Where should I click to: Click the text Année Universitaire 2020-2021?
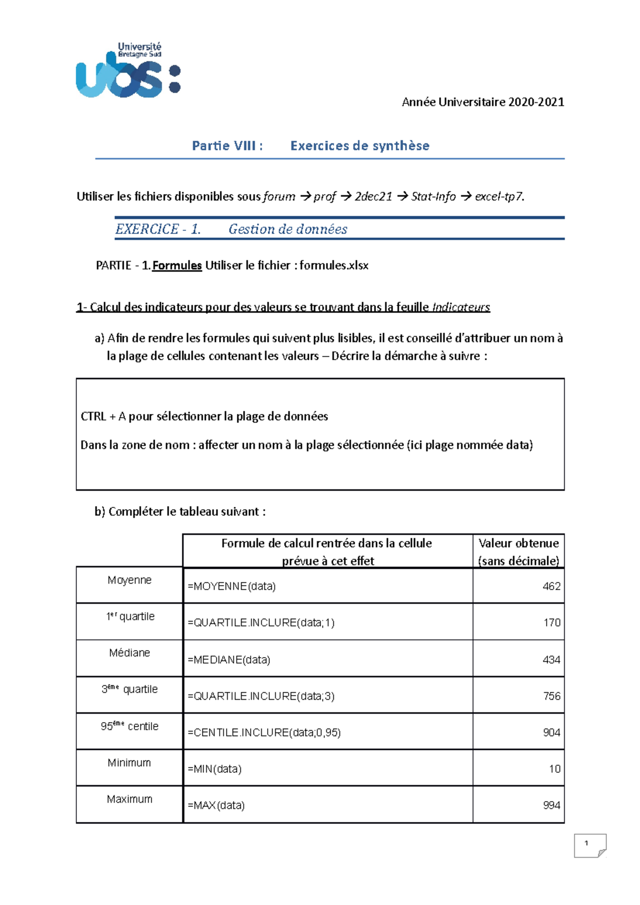coord(483,102)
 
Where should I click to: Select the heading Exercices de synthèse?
coord(359,146)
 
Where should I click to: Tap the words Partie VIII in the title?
coord(227,146)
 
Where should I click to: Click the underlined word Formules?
coord(177,265)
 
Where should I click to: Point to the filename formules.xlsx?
coord(334,265)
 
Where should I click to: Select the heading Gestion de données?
coord(287,229)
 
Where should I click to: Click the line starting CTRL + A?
coord(204,416)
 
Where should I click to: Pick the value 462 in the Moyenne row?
coord(551,586)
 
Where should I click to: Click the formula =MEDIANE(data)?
coord(229,660)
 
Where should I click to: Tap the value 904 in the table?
coord(551,732)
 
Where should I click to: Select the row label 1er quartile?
coord(130,617)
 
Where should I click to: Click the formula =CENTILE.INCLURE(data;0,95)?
coord(264,732)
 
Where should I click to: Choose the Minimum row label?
coord(129,763)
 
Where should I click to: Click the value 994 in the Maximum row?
coord(551,805)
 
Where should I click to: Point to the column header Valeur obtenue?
coord(518,543)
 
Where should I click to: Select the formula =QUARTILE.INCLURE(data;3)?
coord(261,696)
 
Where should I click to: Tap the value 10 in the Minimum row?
coord(554,769)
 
